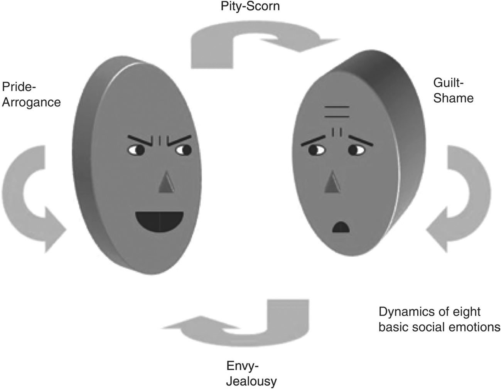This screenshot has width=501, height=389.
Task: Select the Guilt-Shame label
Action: pos(453,90)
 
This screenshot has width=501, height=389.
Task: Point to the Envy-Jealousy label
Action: pos(251,373)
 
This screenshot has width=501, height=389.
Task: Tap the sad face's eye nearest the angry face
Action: pos(317,149)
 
